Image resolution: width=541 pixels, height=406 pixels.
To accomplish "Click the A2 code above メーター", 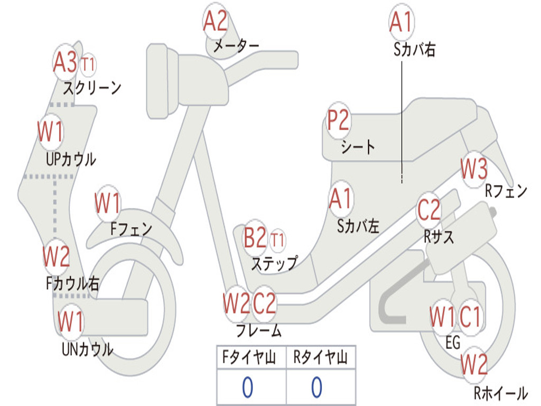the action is (215, 22).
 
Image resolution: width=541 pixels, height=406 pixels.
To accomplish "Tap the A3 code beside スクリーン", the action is (66, 63).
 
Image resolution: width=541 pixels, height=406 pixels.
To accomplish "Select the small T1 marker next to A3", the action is (88, 65).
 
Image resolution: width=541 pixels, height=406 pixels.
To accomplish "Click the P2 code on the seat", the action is (338, 121).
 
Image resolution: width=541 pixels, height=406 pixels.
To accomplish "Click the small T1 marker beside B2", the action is (277, 240).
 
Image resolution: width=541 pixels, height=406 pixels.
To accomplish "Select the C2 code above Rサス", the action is (428, 210).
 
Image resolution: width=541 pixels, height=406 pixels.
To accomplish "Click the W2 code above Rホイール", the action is (473, 364).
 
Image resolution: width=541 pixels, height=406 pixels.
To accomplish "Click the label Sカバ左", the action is (358, 226).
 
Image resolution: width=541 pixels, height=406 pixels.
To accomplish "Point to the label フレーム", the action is (258, 331).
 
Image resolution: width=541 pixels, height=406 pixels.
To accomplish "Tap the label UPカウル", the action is (71, 159).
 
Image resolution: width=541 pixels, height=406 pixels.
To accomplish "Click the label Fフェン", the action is (131, 229).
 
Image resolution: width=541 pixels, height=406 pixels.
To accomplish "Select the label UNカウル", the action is (88, 349).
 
